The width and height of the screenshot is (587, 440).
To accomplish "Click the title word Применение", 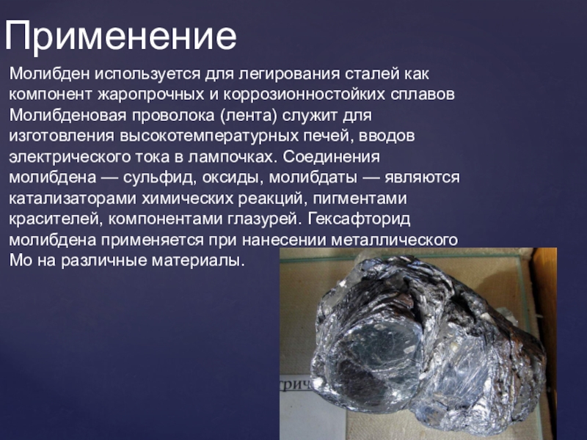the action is point(120,37).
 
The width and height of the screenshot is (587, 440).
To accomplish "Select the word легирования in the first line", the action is point(290,74).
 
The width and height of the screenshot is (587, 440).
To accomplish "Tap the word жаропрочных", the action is point(151,95).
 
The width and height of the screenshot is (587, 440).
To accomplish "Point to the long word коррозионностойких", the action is point(305,95).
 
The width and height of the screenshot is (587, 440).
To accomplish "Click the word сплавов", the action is point(423,95).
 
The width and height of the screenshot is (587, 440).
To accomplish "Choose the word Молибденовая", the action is point(68,115).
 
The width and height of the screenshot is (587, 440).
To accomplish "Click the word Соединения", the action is point(332,157).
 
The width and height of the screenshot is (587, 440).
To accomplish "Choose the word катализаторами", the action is point(72,198).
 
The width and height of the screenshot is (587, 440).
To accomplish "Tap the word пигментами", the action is point(360,198).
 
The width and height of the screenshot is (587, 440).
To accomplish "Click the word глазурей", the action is point(264,219).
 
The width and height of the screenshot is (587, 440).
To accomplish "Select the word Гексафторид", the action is point(359,219).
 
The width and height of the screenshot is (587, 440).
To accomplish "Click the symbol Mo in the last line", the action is point(21,260).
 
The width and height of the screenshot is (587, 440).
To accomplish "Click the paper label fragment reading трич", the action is point(295,386).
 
